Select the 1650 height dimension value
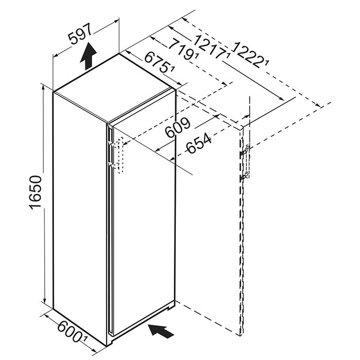click(36, 192)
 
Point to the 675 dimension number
click(157, 62)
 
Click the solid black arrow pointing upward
click(88, 56)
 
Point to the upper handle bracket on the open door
click(244, 151)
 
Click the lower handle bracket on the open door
click(244, 176)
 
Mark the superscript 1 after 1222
click(266, 62)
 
